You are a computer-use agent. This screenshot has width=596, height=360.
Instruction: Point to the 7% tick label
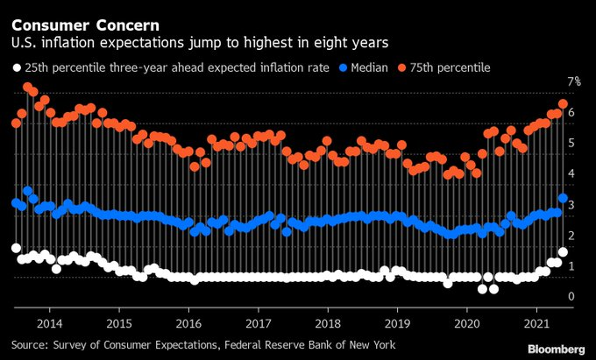[x=574, y=81]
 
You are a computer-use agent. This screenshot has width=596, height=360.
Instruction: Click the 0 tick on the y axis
[x=571, y=297]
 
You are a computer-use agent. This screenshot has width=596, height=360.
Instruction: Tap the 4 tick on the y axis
[x=571, y=173]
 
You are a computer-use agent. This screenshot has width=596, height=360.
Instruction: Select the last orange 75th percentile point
[x=563, y=103]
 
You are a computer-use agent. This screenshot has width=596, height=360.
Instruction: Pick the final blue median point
[x=563, y=199]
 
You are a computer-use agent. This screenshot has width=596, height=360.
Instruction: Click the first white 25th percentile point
[x=16, y=248]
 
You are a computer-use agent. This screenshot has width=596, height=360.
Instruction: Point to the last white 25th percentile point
[x=563, y=252]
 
